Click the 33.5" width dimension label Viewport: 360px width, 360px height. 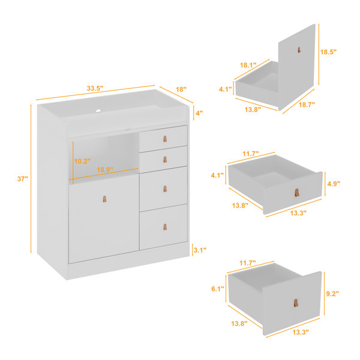coord(95,88)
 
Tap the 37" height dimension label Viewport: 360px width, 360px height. coord(23,179)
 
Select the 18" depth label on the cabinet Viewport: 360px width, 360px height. coord(181,89)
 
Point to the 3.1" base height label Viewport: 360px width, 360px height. coord(200,250)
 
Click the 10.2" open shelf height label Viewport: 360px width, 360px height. coord(82,161)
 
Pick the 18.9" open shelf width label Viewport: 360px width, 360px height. coord(105,170)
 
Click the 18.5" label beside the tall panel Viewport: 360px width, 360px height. coord(328,52)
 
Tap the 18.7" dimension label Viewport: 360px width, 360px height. coord(307,104)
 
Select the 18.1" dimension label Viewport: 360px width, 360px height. coord(248,65)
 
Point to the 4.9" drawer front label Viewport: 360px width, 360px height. coord(334,184)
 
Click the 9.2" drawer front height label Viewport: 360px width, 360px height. coord(332,293)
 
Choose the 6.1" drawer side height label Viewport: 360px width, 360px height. coord(218,289)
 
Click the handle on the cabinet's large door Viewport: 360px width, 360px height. coord(104,199)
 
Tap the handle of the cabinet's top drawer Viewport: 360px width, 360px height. coord(165,139)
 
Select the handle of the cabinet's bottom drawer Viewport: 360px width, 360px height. coord(165,227)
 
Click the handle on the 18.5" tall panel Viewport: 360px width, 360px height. coord(299,50)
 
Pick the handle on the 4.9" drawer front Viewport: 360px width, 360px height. coord(297,193)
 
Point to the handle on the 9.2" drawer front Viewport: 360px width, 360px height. coord(296,303)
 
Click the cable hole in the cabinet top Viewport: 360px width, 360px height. coord(98,111)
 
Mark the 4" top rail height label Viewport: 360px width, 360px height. coord(199,113)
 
